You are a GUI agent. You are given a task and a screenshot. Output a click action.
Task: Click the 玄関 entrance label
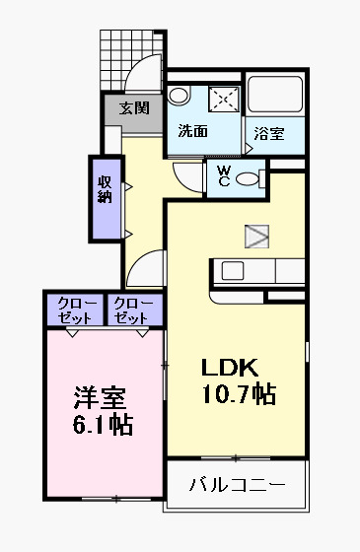[x=134, y=107]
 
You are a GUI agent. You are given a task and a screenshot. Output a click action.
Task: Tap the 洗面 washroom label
[x=192, y=131]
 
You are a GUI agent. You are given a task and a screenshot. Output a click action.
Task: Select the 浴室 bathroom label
[x=267, y=133]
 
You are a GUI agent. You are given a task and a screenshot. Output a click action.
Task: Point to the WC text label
[x=224, y=176]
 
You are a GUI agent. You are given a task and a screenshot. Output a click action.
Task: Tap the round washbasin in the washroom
[x=179, y=96]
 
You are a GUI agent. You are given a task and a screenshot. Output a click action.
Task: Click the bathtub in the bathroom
[x=277, y=95]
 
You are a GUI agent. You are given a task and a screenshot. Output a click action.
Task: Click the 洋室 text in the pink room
[x=101, y=400]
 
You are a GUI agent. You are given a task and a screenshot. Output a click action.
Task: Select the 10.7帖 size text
[x=237, y=394]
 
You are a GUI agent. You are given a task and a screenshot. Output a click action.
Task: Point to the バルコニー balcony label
[x=237, y=485]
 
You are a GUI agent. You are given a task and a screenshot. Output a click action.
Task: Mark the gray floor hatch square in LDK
[x=256, y=236]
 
